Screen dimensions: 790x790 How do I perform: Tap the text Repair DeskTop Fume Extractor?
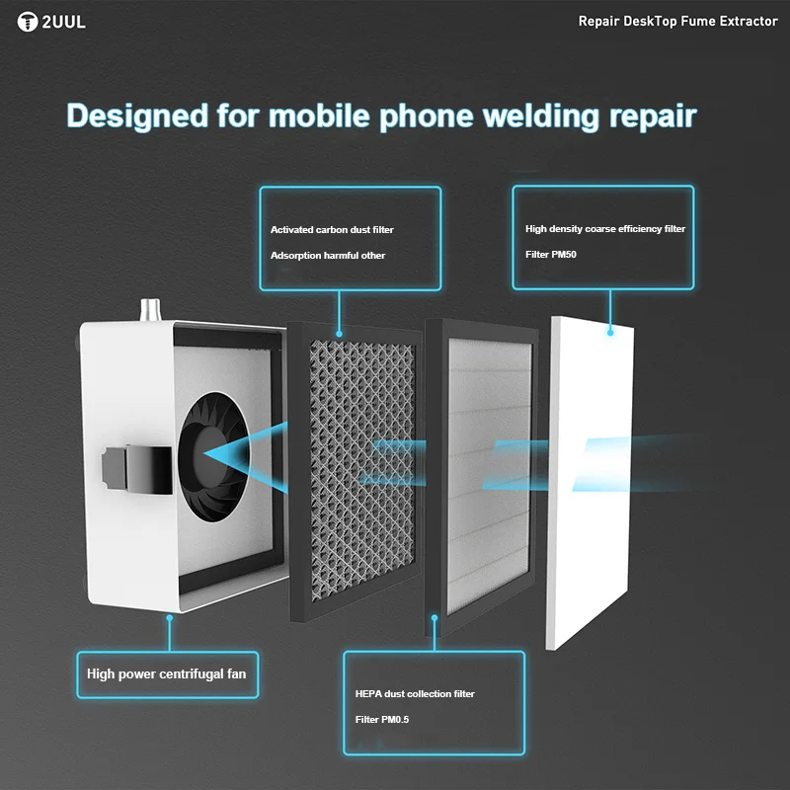tap(677, 22)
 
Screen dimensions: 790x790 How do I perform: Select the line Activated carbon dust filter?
tap(332, 230)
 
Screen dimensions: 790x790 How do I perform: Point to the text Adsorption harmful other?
tap(328, 256)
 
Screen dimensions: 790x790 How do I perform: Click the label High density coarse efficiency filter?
tap(604, 229)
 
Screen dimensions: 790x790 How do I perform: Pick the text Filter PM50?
tap(550, 255)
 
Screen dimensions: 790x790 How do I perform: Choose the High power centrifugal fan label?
tap(167, 674)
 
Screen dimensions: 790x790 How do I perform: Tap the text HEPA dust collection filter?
tap(415, 694)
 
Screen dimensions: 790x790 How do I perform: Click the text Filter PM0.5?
tap(382, 720)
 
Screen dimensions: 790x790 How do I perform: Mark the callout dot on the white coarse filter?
tap(610, 333)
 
